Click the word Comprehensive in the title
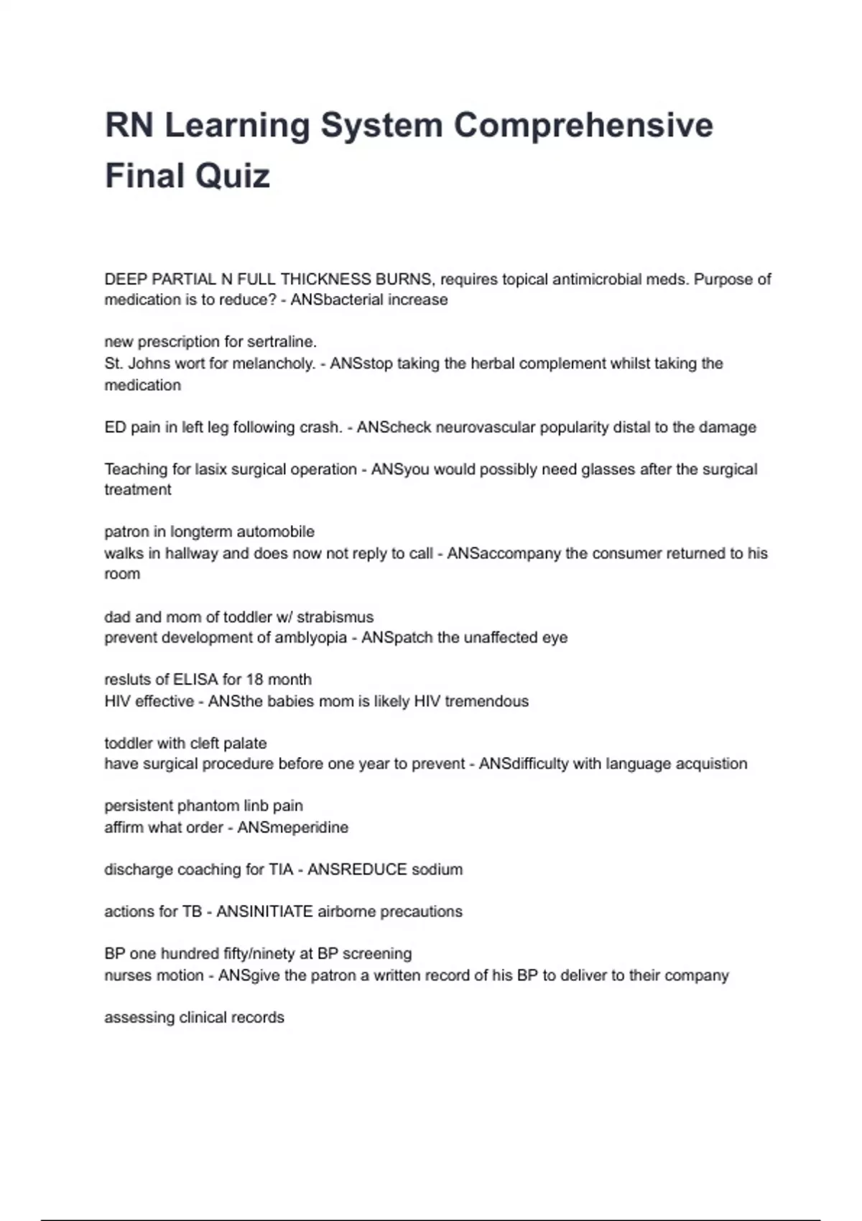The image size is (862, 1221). tap(583, 126)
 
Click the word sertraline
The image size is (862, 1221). tap(282, 342)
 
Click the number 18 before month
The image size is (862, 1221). tap(254, 679)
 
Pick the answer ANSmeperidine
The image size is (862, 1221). tap(292, 827)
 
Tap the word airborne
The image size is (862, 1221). tap(346, 912)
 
